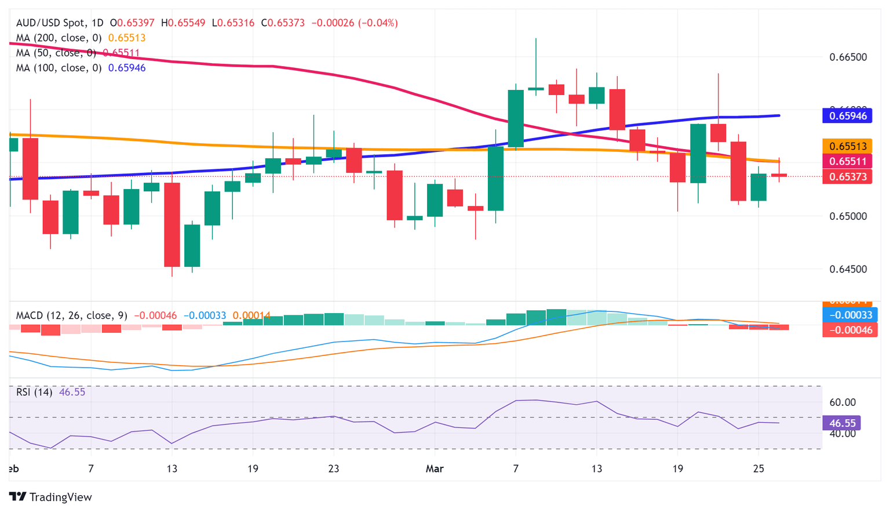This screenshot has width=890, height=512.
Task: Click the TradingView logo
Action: click(x=50, y=497)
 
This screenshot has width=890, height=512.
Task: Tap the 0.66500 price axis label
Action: click(x=848, y=57)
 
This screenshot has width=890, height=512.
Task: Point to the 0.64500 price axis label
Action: click(x=848, y=269)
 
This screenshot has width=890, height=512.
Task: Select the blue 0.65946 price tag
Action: click(x=847, y=116)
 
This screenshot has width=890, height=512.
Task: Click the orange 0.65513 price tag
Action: click(x=847, y=147)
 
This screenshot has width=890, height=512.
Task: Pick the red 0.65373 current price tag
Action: click(x=847, y=177)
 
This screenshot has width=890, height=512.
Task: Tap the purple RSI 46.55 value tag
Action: click(x=841, y=423)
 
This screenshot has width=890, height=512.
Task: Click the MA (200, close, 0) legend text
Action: click(x=59, y=38)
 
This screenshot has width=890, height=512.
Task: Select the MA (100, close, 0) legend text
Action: click(x=59, y=68)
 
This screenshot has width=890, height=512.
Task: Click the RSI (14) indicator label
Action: click(x=34, y=392)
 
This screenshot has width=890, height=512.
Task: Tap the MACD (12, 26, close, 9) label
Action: click(x=71, y=315)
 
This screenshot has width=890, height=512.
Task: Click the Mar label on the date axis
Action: click(x=434, y=469)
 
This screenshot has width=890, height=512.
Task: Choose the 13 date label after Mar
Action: click(x=597, y=469)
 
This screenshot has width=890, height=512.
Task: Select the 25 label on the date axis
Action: click(x=758, y=469)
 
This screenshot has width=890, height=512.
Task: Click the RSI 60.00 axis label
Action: click(x=842, y=402)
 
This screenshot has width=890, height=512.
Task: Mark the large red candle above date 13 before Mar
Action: click(x=172, y=224)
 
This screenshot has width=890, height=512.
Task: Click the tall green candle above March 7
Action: click(x=516, y=118)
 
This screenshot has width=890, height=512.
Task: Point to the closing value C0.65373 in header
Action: click(x=283, y=23)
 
